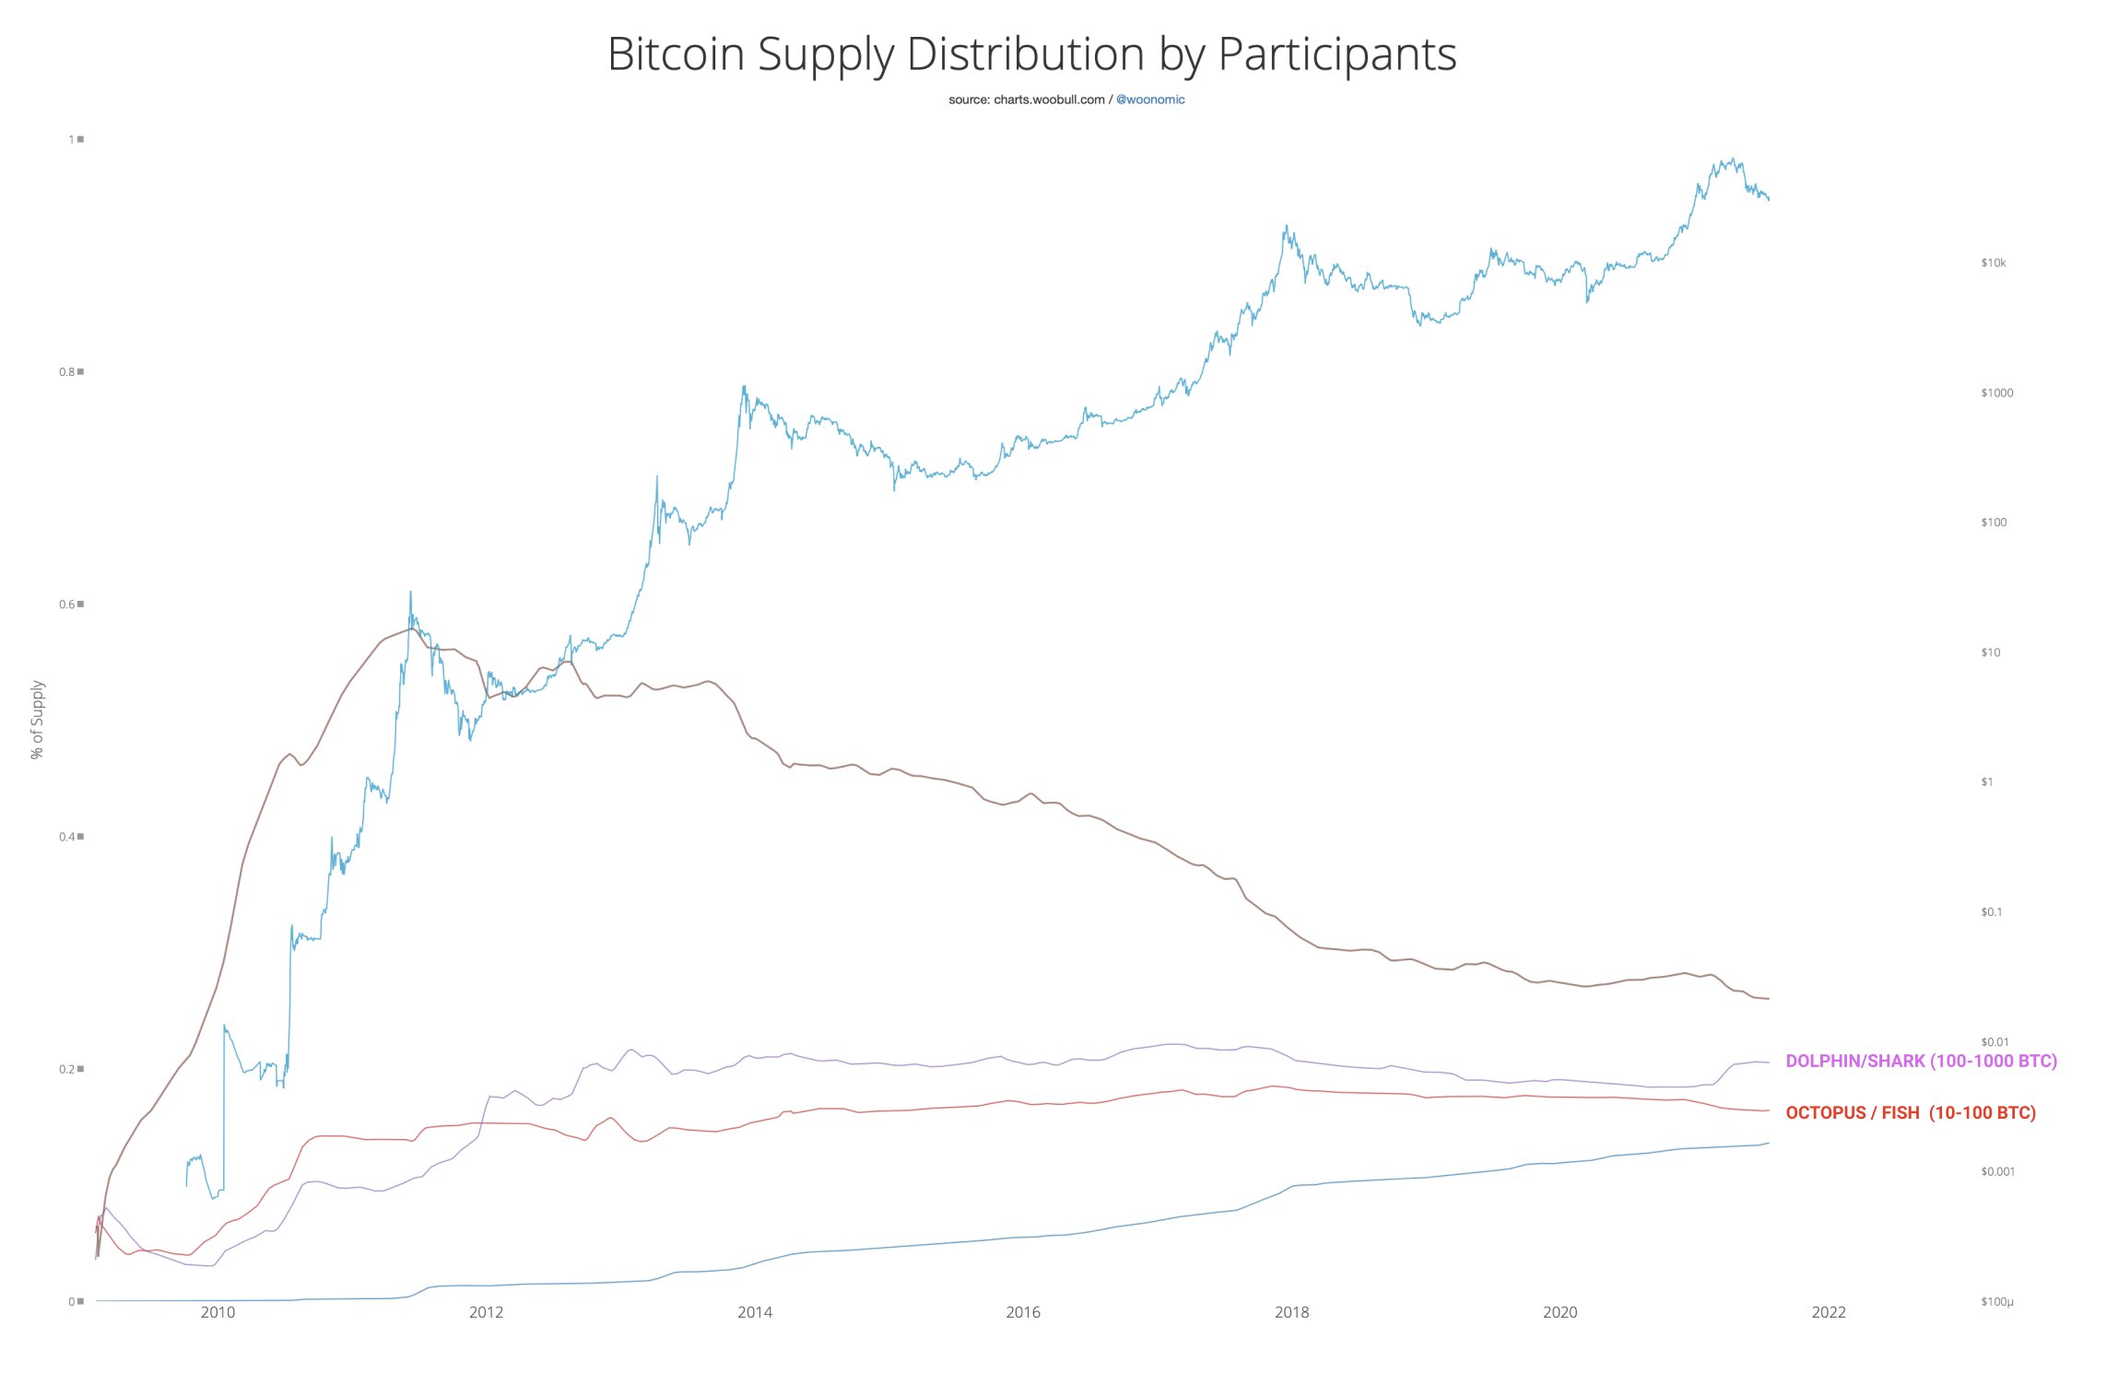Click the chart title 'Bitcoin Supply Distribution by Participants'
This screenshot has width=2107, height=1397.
click(1031, 54)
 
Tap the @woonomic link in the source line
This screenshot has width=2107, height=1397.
click(1149, 100)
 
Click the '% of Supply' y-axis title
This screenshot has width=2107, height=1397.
click(37, 720)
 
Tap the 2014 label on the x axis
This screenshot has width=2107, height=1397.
click(754, 1312)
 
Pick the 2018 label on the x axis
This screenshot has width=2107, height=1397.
click(1291, 1312)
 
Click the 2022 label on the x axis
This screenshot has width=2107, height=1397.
click(1829, 1312)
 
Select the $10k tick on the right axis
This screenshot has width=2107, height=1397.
click(1993, 264)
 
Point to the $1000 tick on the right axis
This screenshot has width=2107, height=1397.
click(1996, 393)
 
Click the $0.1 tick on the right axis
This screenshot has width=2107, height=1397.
click(1991, 912)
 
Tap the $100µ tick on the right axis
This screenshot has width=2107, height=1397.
click(1996, 1302)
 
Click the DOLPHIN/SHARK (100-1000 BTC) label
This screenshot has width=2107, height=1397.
click(1921, 1061)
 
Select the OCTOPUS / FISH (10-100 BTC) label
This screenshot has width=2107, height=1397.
click(1910, 1113)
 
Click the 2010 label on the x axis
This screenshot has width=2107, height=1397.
click(218, 1312)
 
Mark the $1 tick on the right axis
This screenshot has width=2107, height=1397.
click(1986, 782)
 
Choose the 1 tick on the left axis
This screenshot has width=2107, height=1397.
click(71, 140)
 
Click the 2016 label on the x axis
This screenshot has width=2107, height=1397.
click(1023, 1312)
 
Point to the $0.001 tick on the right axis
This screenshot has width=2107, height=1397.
click(1996, 1172)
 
